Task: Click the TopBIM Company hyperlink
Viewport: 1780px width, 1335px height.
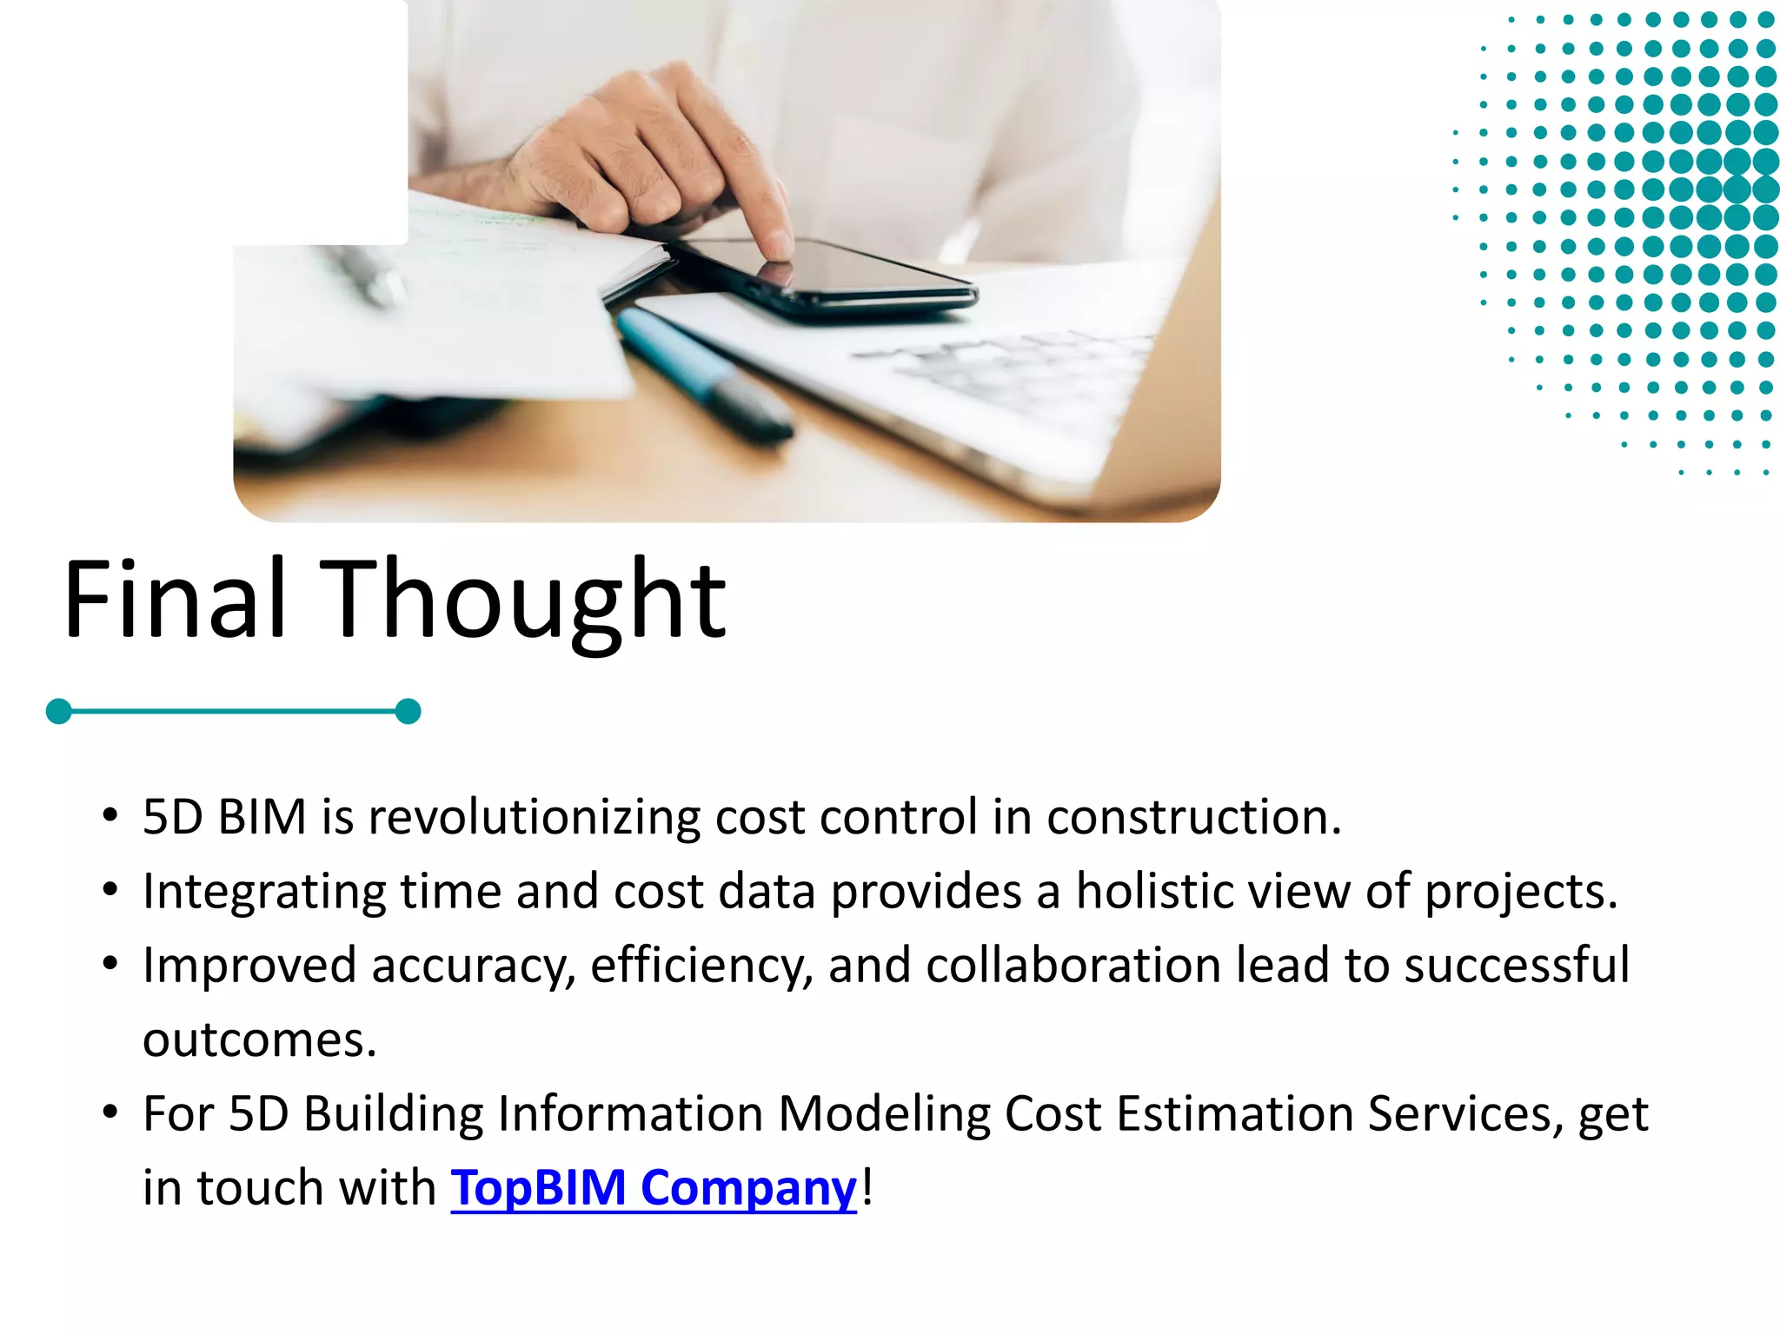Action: (x=653, y=1187)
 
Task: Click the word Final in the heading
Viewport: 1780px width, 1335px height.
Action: (x=175, y=599)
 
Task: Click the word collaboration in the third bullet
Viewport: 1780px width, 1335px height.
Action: (x=1073, y=966)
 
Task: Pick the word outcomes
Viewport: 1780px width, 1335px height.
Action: (x=259, y=1039)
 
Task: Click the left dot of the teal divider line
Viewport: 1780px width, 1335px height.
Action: (x=58, y=711)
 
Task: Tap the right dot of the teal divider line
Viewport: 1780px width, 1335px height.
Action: (x=408, y=711)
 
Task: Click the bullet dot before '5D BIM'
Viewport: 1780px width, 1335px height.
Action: (x=110, y=816)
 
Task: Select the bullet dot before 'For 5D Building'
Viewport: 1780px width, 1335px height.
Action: (x=110, y=1112)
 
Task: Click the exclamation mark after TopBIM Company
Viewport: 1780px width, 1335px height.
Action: (x=867, y=1187)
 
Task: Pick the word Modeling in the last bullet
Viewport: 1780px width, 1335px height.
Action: (x=883, y=1113)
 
